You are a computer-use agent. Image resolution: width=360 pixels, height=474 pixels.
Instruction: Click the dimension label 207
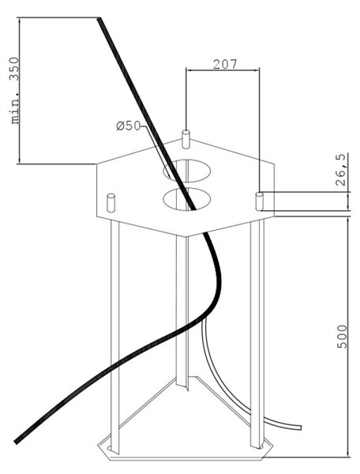[x=225, y=64]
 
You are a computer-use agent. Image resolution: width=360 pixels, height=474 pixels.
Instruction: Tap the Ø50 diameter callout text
[x=129, y=126]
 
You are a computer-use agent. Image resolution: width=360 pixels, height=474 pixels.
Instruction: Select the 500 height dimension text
[x=342, y=337]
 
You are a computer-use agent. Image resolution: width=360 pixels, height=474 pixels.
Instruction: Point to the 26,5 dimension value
[x=340, y=170]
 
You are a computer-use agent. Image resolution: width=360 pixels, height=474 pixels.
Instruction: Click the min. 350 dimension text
[x=14, y=90]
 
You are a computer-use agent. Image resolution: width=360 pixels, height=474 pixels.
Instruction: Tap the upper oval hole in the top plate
[x=186, y=171]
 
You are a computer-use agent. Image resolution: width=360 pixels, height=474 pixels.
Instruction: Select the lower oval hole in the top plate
[x=186, y=199]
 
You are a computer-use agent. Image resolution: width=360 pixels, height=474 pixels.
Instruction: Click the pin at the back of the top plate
[x=186, y=139]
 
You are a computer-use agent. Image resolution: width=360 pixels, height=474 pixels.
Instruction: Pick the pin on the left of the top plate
[x=111, y=203]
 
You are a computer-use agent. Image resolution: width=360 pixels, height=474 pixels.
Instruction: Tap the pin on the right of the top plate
[x=260, y=201]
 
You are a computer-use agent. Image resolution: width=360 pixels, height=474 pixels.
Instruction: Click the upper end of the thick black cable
[x=99, y=19]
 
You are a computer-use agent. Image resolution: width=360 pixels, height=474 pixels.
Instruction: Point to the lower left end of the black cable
[x=17, y=442]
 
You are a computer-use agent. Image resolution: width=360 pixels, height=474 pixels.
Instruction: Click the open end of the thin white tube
[x=300, y=427]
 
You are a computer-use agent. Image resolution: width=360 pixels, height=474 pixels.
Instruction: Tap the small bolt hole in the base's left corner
[x=109, y=448]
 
